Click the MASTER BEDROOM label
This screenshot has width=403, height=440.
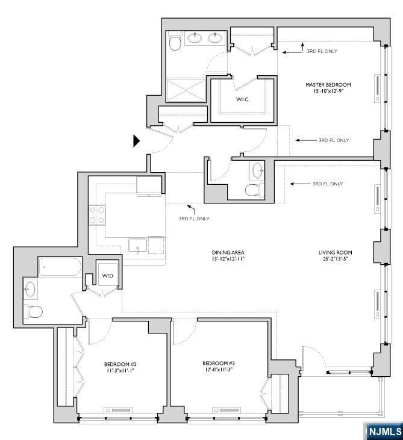(x=328, y=85)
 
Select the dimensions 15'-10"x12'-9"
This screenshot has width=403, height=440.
(x=328, y=91)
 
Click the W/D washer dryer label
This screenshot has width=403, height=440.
(x=107, y=276)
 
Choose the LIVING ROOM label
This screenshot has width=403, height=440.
(x=336, y=252)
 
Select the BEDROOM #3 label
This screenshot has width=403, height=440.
(x=218, y=364)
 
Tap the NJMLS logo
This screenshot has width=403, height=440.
(x=383, y=431)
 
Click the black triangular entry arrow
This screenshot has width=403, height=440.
(x=136, y=141)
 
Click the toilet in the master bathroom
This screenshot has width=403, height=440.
(x=175, y=42)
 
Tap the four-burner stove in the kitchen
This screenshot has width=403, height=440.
(x=97, y=215)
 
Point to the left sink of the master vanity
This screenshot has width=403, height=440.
(x=195, y=39)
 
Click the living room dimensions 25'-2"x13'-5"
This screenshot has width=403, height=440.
(x=336, y=259)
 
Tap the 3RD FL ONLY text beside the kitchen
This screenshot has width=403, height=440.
(x=194, y=218)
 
